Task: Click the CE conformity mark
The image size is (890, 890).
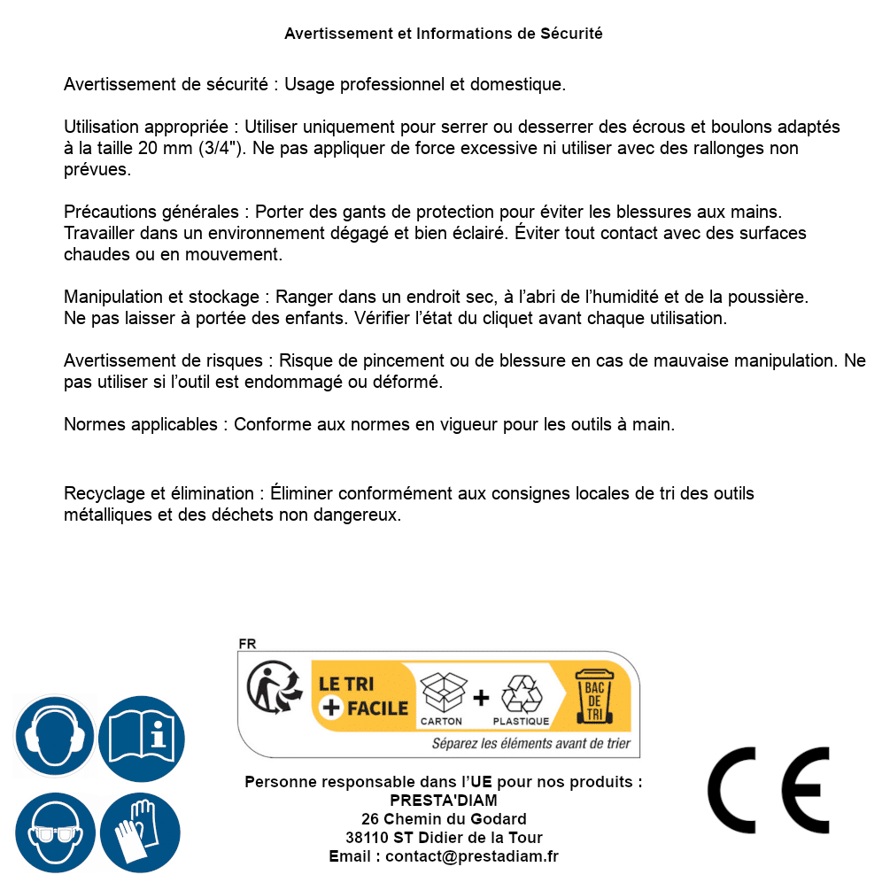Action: (768, 784)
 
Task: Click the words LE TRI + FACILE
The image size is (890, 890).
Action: (363, 696)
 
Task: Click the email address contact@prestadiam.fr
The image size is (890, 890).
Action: (472, 856)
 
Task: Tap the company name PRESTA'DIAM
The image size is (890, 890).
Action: (444, 801)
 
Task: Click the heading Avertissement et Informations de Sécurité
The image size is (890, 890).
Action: (444, 34)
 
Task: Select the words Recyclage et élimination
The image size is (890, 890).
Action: (159, 493)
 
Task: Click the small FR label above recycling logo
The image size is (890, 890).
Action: (247, 644)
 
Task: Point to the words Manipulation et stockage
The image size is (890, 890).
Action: (161, 297)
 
